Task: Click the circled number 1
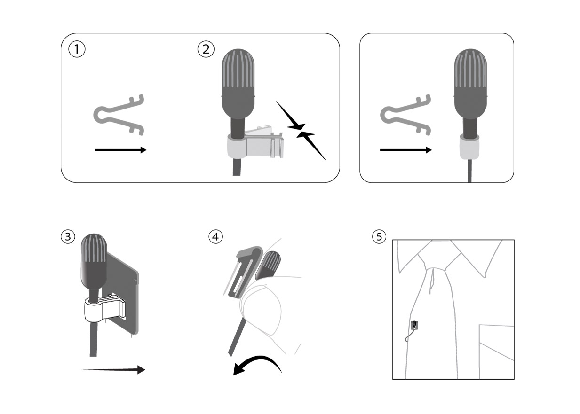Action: click(x=77, y=49)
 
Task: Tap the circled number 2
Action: click(x=206, y=49)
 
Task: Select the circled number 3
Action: click(x=68, y=237)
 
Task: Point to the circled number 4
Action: click(x=215, y=237)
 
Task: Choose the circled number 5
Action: click(x=379, y=237)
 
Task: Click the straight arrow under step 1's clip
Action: click(x=121, y=150)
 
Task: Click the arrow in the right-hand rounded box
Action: click(x=406, y=150)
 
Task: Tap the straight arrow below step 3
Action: click(x=113, y=370)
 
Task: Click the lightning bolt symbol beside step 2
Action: click(x=301, y=131)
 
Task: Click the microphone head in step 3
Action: click(x=94, y=261)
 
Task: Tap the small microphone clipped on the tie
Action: click(x=414, y=325)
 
